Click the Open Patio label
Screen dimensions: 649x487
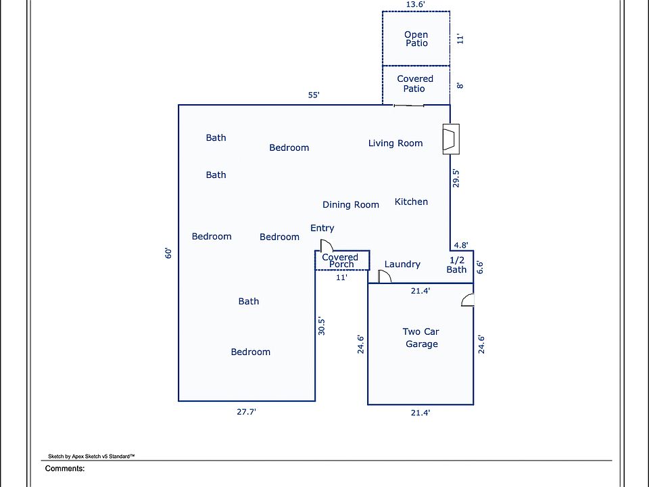(x=416, y=39)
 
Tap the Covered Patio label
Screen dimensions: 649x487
(x=414, y=84)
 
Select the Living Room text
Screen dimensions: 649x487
(x=395, y=143)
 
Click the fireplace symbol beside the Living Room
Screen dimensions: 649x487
(x=451, y=139)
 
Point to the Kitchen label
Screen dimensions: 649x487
(x=411, y=202)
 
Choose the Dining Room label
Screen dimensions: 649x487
(x=351, y=204)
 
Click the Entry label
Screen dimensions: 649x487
(x=322, y=228)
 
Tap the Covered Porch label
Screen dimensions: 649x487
(x=340, y=260)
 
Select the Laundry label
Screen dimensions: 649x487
(x=402, y=264)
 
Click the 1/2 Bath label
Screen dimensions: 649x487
(x=456, y=264)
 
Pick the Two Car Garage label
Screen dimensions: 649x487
(x=421, y=338)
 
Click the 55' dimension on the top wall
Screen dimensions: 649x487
(x=314, y=95)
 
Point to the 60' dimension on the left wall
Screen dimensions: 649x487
(x=168, y=253)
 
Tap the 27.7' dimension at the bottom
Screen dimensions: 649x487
(x=246, y=412)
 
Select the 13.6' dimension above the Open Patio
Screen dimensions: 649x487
(x=416, y=5)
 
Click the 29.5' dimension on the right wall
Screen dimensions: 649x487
(x=456, y=178)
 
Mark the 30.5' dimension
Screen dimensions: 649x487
(x=322, y=326)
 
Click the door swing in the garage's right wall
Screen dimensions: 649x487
(x=468, y=300)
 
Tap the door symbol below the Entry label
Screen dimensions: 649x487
(x=327, y=245)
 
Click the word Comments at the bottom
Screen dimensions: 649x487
(x=65, y=468)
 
